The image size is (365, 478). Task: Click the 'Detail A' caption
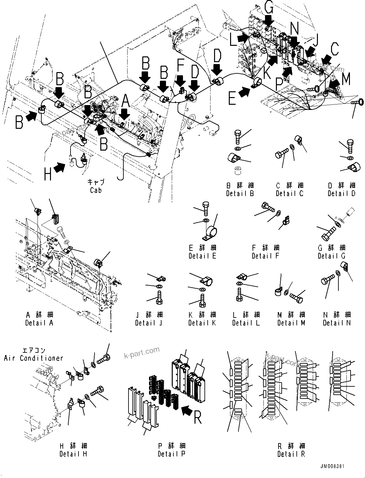[x=39, y=323]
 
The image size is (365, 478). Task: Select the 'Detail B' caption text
[x=240, y=194]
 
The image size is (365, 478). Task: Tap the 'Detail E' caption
[x=202, y=256]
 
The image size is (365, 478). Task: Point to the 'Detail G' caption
[x=331, y=256]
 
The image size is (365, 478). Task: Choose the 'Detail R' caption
[x=291, y=454]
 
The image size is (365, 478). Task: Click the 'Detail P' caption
[x=171, y=454]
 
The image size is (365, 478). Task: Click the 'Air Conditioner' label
[x=34, y=358]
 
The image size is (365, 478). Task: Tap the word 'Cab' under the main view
[x=96, y=190]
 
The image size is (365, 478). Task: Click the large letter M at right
[x=346, y=79]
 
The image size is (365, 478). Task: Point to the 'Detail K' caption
[x=202, y=323]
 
